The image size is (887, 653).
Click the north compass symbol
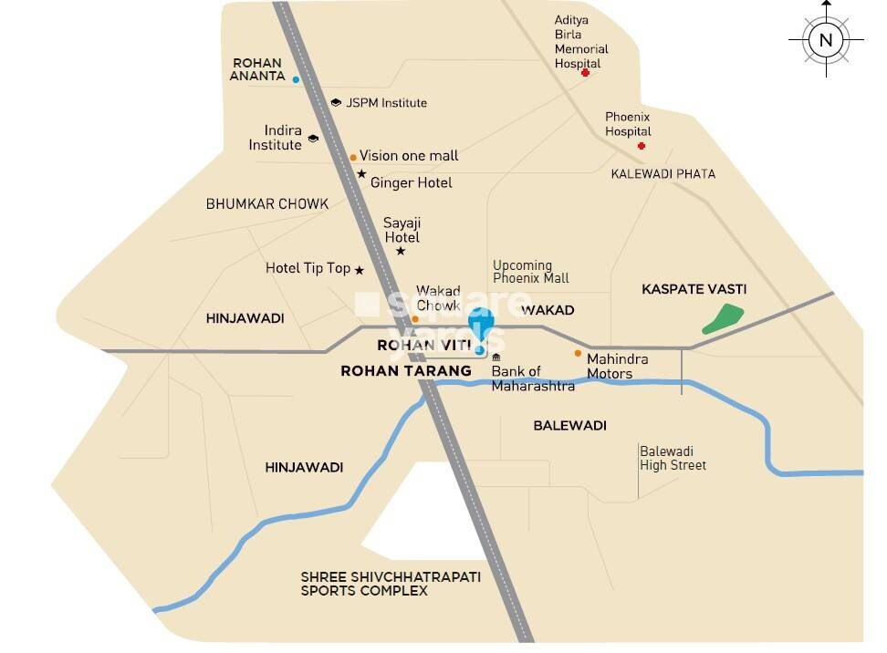click(x=826, y=39)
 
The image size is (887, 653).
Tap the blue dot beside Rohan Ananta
click(x=296, y=80)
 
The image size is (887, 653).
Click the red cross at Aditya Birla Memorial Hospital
click(x=585, y=72)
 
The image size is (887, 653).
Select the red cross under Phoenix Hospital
click(x=642, y=146)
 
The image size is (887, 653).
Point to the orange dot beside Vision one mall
click(x=353, y=157)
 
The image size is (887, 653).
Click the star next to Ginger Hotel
click(x=361, y=174)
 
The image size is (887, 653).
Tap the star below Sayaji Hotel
click(x=401, y=251)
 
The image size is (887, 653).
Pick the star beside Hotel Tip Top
click(x=359, y=270)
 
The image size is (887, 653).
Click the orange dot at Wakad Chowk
click(x=415, y=319)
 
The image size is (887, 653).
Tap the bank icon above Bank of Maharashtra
click(x=496, y=357)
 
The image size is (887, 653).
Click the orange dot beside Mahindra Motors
click(x=578, y=353)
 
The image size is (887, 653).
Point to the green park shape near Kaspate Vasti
click(x=723, y=319)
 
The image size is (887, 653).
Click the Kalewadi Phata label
click(x=663, y=173)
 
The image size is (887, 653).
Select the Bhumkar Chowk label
click(x=267, y=204)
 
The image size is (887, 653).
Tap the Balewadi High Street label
click(x=673, y=459)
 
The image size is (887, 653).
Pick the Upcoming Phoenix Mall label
click(x=530, y=272)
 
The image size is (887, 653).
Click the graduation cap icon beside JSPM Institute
click(x=336, y=103)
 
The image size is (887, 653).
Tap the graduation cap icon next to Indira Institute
click(x=313, y=139)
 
